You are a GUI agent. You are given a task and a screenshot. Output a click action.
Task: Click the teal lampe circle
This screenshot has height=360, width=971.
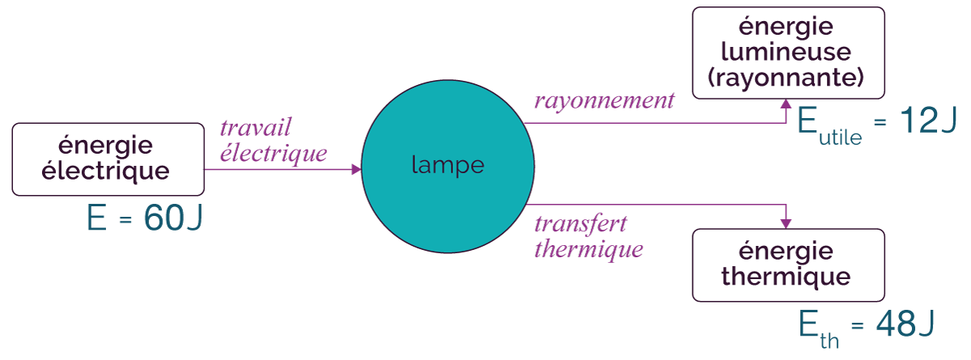point(447,167)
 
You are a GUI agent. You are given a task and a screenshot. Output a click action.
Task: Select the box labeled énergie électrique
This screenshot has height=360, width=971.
point(108,159)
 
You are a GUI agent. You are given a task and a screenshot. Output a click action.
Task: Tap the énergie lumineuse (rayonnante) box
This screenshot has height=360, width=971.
point(788,53)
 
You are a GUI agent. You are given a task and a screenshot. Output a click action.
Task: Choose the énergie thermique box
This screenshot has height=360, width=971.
point(788,265)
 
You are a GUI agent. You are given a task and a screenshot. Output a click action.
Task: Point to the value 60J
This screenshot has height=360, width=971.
point(173,218)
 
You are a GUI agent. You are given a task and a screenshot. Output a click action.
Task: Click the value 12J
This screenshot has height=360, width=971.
point(928,120)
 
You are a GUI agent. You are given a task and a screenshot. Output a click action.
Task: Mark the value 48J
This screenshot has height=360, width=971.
point(905,324)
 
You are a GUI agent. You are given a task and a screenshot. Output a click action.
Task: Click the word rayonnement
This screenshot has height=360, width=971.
point(604,101)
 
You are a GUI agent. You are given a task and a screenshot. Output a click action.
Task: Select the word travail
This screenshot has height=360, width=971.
point(256,127)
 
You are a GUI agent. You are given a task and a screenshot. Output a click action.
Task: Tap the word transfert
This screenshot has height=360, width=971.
point(580,224)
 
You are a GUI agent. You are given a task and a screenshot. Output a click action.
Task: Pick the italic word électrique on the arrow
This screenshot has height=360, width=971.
point(273,153)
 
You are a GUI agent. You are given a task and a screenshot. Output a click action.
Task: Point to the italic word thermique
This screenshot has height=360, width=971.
point(589,249)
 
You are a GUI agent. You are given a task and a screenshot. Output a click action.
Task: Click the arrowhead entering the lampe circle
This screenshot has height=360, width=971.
point(356,169)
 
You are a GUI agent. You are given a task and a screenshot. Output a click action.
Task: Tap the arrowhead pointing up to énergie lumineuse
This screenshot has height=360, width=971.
point(786,104)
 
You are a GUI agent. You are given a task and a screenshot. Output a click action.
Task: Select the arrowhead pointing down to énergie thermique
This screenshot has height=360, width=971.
point(786,223)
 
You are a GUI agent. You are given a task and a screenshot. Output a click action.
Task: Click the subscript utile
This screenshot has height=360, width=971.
point(840,138)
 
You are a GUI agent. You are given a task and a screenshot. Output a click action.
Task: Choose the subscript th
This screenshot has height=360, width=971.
point(829,341)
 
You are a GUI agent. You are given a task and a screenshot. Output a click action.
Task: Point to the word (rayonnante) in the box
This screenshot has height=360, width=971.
point(786,78)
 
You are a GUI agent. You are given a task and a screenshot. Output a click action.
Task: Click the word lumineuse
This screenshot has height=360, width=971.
point(786,52)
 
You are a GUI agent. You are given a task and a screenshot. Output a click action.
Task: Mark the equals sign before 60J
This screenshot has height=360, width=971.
point(125,219)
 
